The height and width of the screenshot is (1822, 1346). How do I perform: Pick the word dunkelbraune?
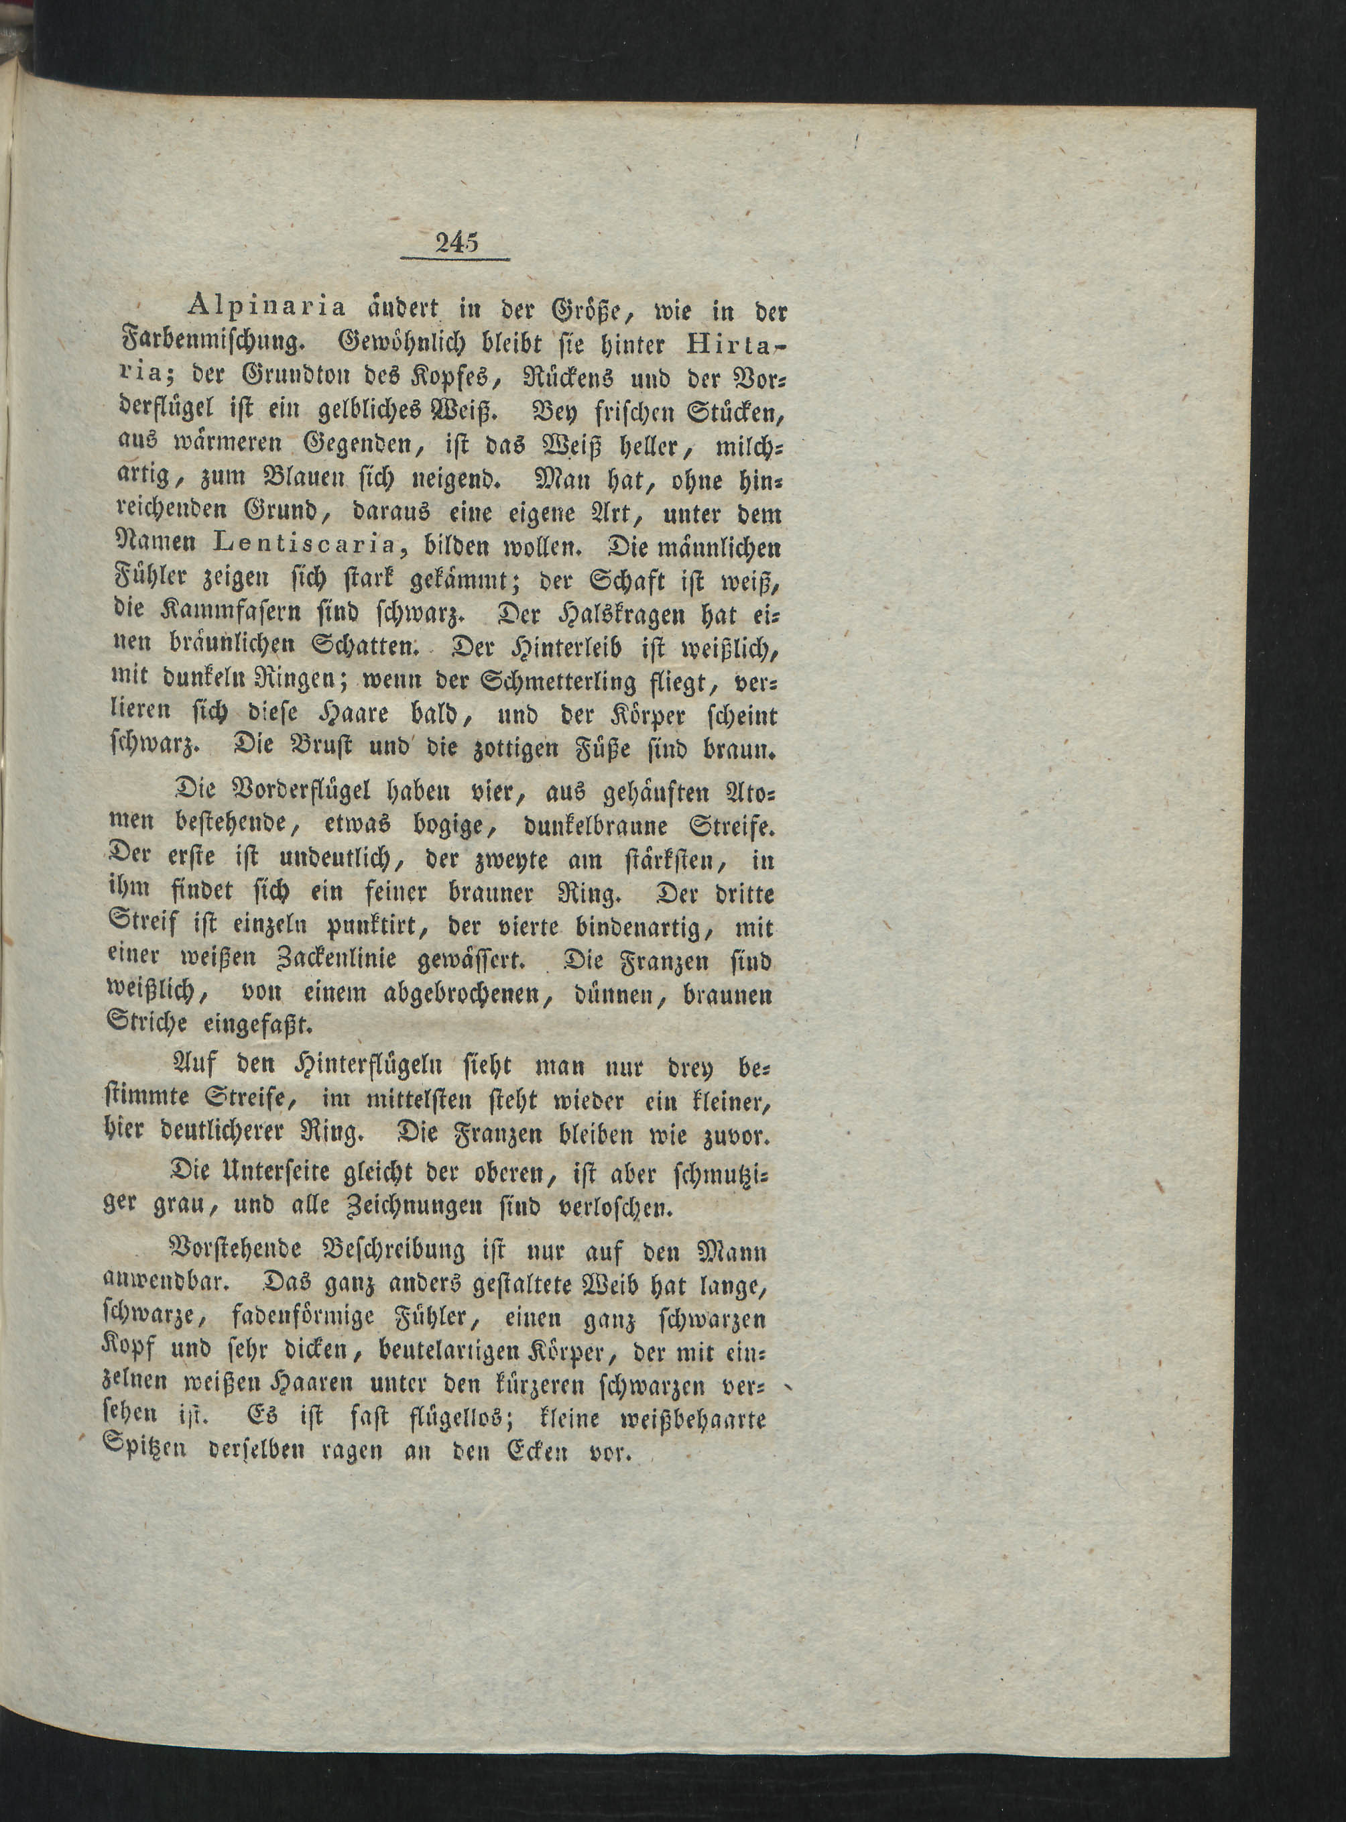(x=586, y=825)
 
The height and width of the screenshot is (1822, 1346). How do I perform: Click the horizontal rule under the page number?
(x=454, y=260)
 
